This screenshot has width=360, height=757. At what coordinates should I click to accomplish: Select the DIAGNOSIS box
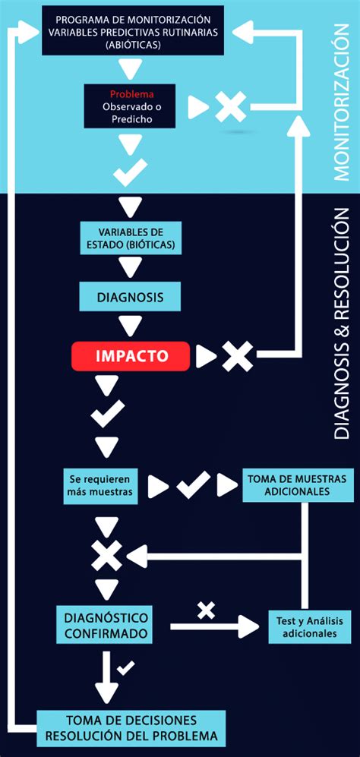pyautogui.click(x=130, y=296)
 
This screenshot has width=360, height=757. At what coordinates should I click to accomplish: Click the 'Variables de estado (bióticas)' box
pyautogui.click(x=130, y=238)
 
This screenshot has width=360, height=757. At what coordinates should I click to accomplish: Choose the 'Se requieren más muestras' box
pyautogui.click(x=100, y=486)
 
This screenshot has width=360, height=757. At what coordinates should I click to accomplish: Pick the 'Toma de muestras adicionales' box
pyautogui.click(x=297, y=486)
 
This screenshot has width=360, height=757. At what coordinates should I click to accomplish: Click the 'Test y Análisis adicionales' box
pyautogui.click(x=310, y=626)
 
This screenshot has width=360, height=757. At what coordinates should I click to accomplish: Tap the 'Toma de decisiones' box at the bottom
pyautogui.click(x=131, y=727)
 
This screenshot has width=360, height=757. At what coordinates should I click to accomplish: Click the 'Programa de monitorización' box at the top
pyautogui.click(x=133, y=30)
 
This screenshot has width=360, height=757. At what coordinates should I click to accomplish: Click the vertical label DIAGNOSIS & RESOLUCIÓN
pyautogui.click(x=341, y=323)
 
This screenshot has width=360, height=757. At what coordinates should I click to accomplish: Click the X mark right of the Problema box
pyautogui.click(x=230, y=107)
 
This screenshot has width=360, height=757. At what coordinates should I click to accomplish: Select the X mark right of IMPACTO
pyautogui.click(x=237, y=356)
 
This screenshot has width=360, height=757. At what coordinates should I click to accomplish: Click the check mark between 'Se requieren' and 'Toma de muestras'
pyautogui.click(x=193, y=485)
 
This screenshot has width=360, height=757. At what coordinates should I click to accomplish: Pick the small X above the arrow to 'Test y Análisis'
pyautogui.click(x=207, y=610)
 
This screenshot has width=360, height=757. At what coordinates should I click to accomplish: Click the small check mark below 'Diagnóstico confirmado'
pyautogui.click(x=125, y=668)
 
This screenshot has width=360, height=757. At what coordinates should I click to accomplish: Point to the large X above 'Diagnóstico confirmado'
pyautogui.click(x=107, y=555)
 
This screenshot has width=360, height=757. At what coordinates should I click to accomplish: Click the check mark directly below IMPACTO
pyautogui.click(x=107, y=414)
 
